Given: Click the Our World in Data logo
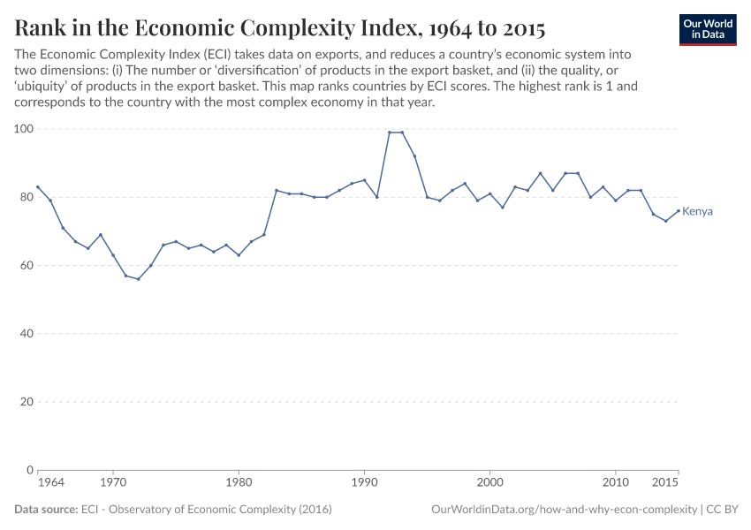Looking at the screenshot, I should [x=708, y=29].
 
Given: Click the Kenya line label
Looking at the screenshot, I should [x=697, y=212].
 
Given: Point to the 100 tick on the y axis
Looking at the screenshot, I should [x=23, y=129].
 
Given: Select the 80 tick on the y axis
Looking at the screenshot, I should [x=26, y=197].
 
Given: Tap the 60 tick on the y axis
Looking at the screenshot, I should [x=26, y=265].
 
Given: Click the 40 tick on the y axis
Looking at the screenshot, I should [x=26, y=334].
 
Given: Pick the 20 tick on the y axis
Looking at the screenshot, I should [x=26, y=402].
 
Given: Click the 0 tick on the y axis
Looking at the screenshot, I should [x=29, y=470].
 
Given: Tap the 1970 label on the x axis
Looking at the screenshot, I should [x=113, y=484].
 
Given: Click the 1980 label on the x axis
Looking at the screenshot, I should [x=239, y=484].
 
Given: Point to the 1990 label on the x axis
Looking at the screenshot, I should [x=364, y=484].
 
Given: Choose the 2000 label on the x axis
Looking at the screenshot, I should [x=489, y=484].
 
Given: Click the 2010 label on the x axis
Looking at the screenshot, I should [x=615, y=484].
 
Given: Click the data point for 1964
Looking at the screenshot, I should [x=38, y=186].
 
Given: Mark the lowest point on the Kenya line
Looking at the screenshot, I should [x=138, y=279].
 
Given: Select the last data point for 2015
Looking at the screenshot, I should [x=678, y=210].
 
